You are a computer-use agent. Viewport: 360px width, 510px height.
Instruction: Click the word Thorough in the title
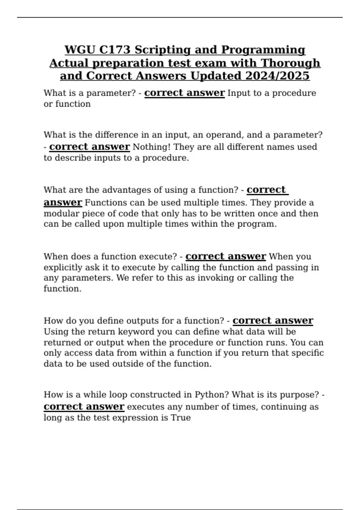point(291,63)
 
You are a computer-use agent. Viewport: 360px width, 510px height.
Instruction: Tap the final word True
point(181,418)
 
